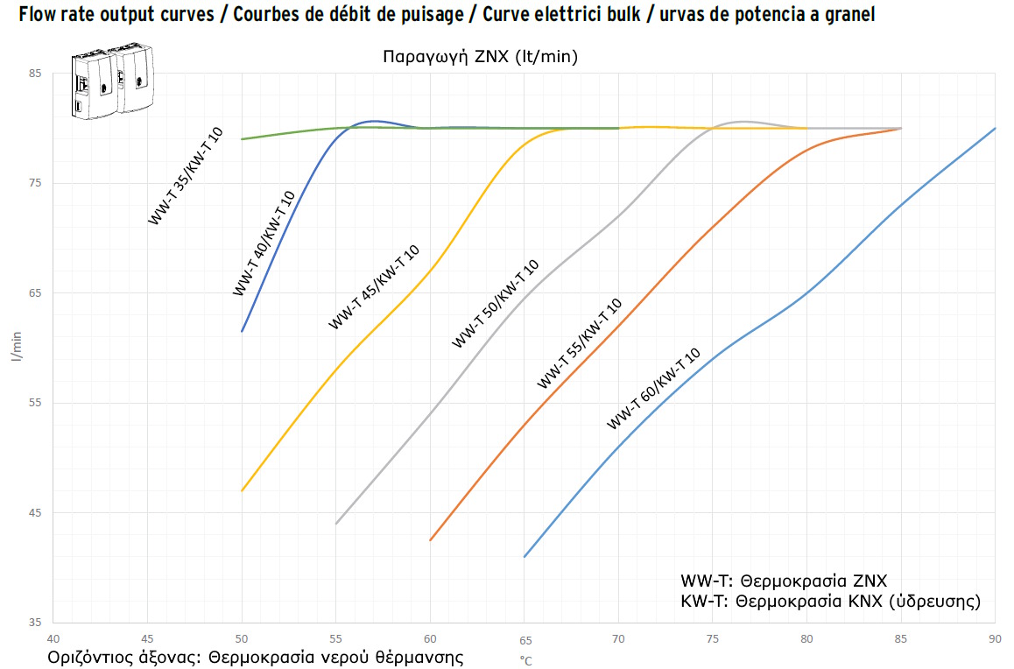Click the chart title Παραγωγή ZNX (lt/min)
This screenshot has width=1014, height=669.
480,57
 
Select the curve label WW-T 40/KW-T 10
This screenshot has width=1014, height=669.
264,243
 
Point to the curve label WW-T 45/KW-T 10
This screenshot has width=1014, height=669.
374,286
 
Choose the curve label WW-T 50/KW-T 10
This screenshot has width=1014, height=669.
495,304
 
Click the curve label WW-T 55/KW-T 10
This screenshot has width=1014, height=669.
579,343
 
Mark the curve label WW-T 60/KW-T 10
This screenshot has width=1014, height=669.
654,388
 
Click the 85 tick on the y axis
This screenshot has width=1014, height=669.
34,74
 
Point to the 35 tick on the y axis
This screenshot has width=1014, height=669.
34,623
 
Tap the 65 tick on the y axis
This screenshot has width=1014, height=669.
34,293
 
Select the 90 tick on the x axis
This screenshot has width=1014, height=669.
995,638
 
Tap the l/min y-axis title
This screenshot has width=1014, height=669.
16,348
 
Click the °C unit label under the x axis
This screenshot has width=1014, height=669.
525,661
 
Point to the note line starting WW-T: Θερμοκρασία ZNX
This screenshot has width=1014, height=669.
784,581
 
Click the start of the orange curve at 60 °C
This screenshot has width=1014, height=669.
431,539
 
